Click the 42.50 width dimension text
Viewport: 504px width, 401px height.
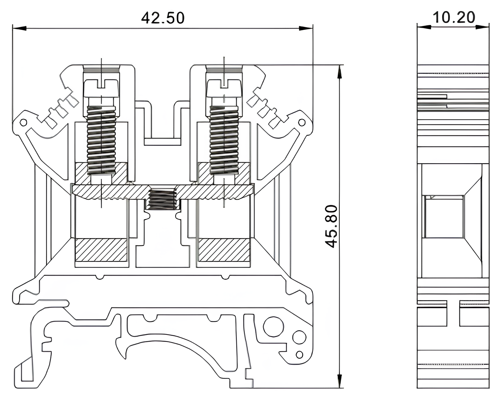163,18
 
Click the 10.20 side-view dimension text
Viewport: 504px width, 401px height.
454,17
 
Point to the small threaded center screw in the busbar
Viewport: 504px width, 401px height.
162,200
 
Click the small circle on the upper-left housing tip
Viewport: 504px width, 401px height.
23,122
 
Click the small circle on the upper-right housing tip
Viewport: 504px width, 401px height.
302,122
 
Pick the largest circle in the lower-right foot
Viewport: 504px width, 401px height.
273,326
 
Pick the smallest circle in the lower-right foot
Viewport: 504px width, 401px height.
299,354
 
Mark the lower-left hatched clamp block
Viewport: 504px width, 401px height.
101,250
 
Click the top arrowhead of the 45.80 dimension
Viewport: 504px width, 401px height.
339,72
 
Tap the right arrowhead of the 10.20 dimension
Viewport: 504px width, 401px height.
483,27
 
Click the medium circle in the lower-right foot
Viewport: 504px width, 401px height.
299,337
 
